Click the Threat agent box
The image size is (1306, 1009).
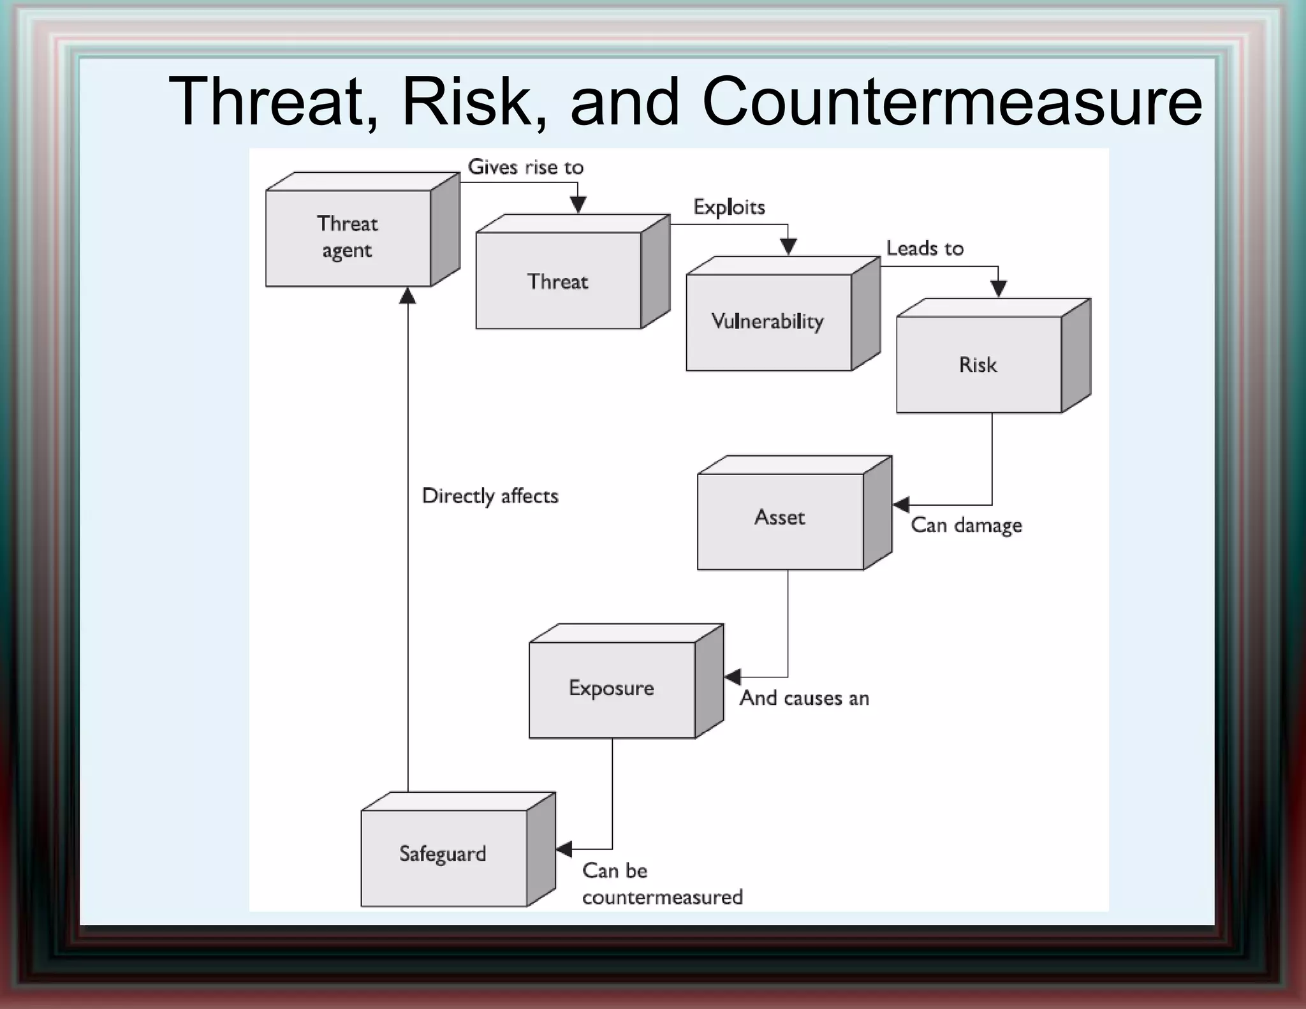348,237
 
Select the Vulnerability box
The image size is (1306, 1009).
768,321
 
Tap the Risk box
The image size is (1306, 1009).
979,364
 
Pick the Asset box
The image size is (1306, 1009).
781,518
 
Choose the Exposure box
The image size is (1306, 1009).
612,689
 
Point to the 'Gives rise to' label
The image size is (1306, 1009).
525,167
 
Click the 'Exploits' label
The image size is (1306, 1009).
729,207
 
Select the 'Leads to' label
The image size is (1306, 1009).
925,248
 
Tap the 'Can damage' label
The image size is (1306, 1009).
966,526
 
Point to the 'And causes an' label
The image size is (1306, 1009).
804,698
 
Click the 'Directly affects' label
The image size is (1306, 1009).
490,496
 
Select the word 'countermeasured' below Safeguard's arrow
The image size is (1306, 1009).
662,897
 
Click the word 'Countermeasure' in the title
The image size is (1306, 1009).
951,102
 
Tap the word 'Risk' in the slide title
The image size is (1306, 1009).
474,102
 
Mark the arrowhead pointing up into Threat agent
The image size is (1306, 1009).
407,296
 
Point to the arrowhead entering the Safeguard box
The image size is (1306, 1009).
564,849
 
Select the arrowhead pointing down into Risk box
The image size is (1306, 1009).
999,289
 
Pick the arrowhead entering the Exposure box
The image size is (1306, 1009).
733,677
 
